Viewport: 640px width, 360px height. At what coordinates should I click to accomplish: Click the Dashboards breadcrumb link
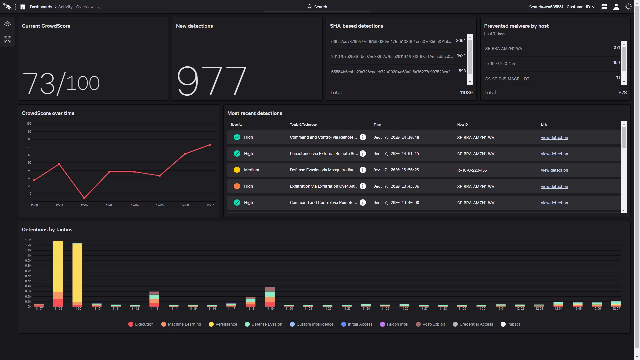[41, 7]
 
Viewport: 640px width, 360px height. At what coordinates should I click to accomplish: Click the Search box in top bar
[317, 7]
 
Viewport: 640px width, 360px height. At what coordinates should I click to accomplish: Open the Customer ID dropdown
[581, 7]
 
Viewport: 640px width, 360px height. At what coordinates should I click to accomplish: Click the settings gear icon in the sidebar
[7, 25]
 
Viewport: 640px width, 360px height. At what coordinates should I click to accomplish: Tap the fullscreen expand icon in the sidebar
[7, 39]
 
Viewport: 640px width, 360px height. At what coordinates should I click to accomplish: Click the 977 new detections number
[211, 81]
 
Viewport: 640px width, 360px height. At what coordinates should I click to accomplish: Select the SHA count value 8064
[461, 41]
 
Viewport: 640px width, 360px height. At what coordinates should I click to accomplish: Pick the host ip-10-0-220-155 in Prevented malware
[500, 64]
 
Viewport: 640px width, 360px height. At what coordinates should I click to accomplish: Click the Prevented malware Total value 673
[622, 93]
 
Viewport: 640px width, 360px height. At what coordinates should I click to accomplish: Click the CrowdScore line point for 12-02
[84, 198]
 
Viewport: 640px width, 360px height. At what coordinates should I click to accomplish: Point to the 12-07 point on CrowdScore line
[210, 145]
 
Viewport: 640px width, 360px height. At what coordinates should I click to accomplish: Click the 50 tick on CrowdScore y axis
[30, 163]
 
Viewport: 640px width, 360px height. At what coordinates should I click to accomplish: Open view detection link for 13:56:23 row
[554, 170]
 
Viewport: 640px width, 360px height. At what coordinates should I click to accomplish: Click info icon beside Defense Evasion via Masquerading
[363, 170]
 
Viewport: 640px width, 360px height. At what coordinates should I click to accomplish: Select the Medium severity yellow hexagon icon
[237, 170]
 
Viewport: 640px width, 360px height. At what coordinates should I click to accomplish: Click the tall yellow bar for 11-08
[58, 267]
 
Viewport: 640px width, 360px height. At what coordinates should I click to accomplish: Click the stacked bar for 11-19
[270, 297]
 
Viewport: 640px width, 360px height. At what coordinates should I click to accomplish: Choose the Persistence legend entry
[223, 324]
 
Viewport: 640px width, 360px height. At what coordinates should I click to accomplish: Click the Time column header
[377, 125]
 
